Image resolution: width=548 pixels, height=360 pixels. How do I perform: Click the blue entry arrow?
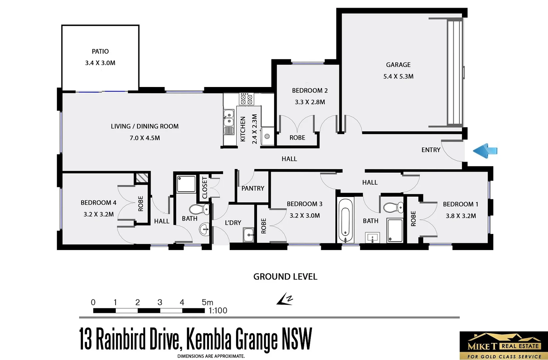click(x=485, y=151)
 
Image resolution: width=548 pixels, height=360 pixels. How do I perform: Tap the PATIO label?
click(x=100, y=51)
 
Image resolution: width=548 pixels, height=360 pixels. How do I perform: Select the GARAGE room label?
click(x=398, y=65)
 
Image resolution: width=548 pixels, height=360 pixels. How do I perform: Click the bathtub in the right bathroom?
click(x=345, y=220)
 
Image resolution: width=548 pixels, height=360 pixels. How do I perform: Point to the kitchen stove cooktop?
click(x=247, y=99)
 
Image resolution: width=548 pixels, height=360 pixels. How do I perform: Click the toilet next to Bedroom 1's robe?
click(x=393, y=208)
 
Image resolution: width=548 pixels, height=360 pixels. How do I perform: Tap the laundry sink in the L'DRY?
click(x=248, y=235)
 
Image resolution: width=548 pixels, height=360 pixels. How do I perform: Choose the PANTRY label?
click(x=253, y=188)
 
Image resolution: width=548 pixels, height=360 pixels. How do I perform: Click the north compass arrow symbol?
click(x=285, y=299)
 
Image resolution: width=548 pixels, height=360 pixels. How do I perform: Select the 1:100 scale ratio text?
click(x=218, y=311)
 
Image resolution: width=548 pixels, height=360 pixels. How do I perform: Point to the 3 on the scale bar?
click(x=160, y=302)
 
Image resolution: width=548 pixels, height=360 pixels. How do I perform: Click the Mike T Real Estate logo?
click(x=503, y=346)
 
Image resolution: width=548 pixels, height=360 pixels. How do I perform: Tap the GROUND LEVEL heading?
click(x=285, y=277)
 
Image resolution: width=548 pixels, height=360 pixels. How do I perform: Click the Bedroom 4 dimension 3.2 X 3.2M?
click(x=99, y=214)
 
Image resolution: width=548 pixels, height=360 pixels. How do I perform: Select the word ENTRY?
click(x=431, y=150)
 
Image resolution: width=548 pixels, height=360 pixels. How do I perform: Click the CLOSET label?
click(x=205, y=188)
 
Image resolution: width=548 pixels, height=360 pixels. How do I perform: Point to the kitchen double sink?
click(x=229, y=117)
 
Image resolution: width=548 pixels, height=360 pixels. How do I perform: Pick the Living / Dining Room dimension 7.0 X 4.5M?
click(x=145, y=138)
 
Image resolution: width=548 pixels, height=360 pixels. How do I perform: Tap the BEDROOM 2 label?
click(x=310, y=91)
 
